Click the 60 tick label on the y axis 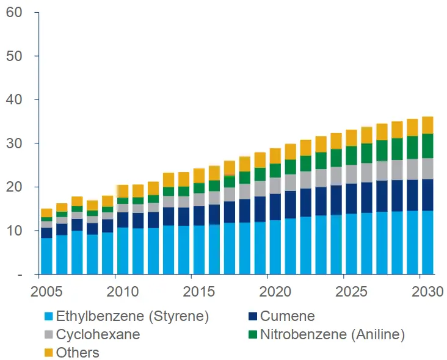14,12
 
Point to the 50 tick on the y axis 14,56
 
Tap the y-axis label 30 14,143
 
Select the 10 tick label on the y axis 14,231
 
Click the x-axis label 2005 46,292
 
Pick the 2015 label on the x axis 199,292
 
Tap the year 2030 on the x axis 427,292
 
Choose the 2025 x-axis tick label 351,292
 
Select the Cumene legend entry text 287,316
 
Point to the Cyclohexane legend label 98,334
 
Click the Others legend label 78,353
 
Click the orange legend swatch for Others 48,353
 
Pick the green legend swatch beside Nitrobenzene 252,334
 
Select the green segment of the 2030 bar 427,146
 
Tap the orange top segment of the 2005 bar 46,213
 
